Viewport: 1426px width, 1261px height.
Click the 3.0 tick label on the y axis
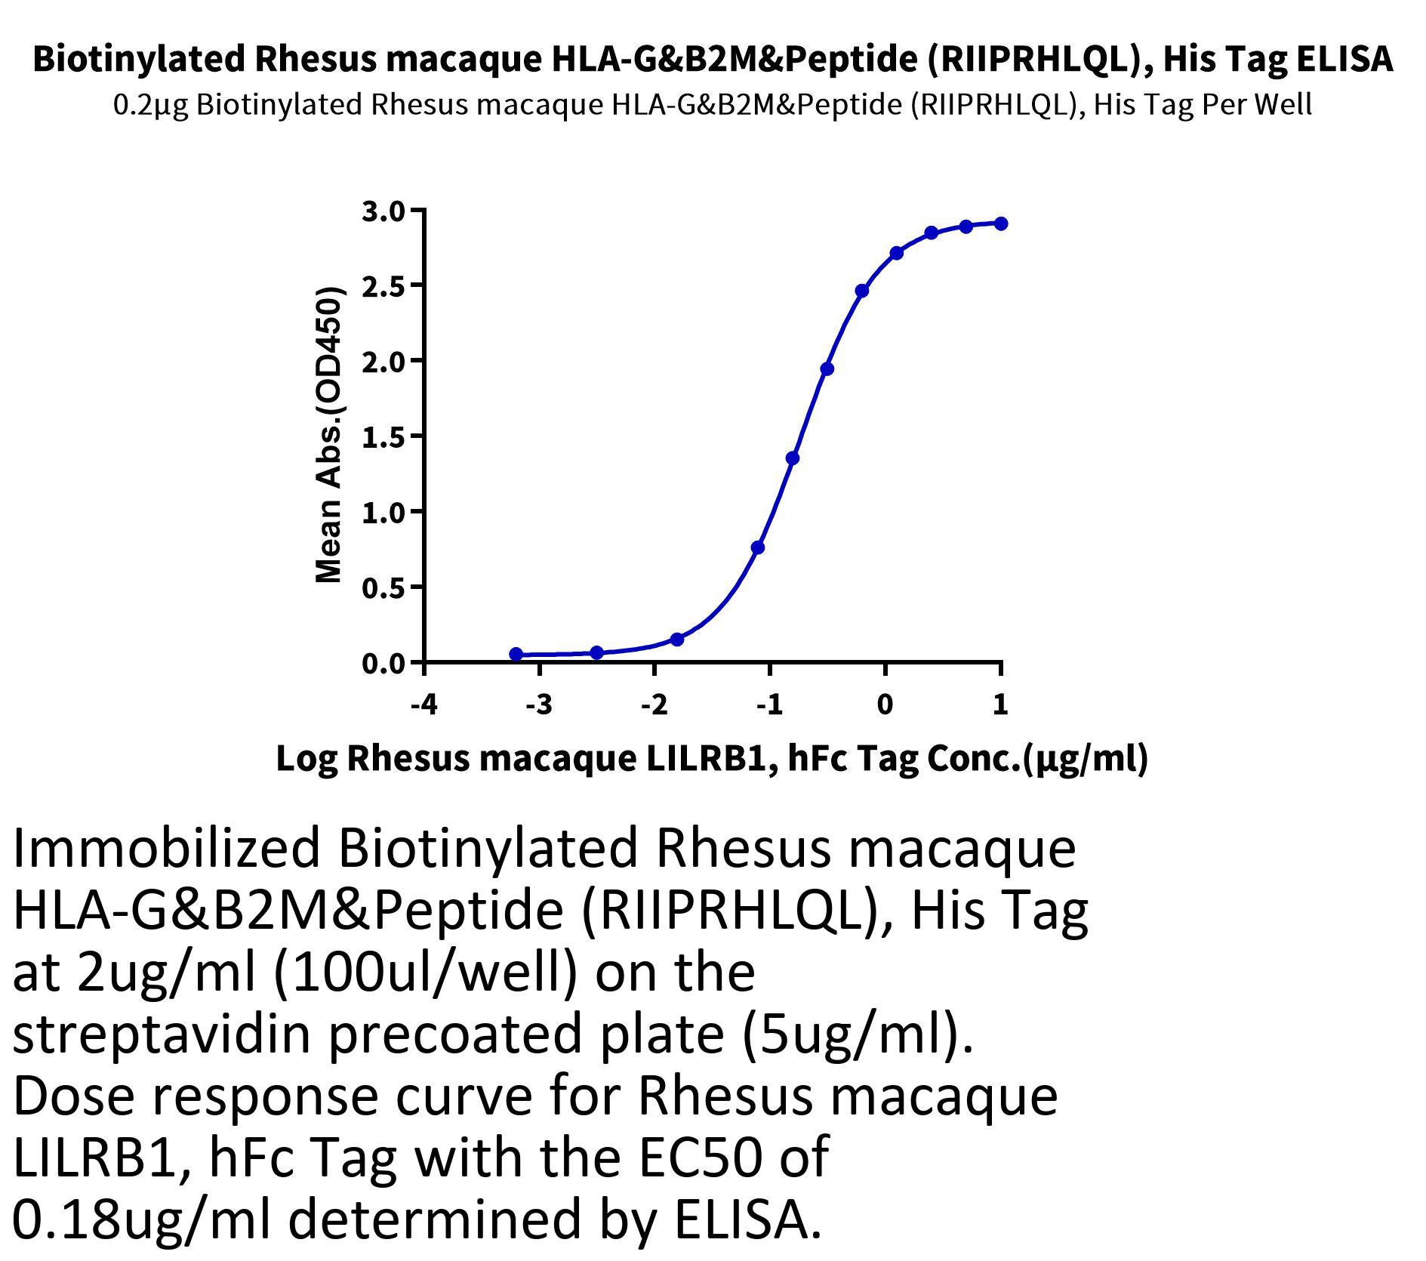[383, 211]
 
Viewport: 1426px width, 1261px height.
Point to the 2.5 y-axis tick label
[383, 286]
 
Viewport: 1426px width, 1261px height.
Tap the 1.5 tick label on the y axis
[383, 437]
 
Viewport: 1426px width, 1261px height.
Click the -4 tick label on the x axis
[423, 704]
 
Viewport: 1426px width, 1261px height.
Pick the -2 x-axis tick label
[654, 704]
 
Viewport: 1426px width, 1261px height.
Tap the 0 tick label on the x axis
[885, 704]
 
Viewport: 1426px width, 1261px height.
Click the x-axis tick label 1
[1000, 704]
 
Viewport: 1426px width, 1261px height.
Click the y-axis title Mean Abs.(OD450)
[329, 436]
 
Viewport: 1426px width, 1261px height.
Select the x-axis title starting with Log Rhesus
[712, 759]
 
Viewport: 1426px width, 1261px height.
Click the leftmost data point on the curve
[516, 654]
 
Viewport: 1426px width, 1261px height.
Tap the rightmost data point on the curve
[1001, 224]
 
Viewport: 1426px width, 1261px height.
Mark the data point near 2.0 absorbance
[827, 369]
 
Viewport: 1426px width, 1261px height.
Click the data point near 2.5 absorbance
[862, 291]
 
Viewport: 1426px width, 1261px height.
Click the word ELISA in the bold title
[1344, 59]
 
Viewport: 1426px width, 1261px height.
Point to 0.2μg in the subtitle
[150, 104]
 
